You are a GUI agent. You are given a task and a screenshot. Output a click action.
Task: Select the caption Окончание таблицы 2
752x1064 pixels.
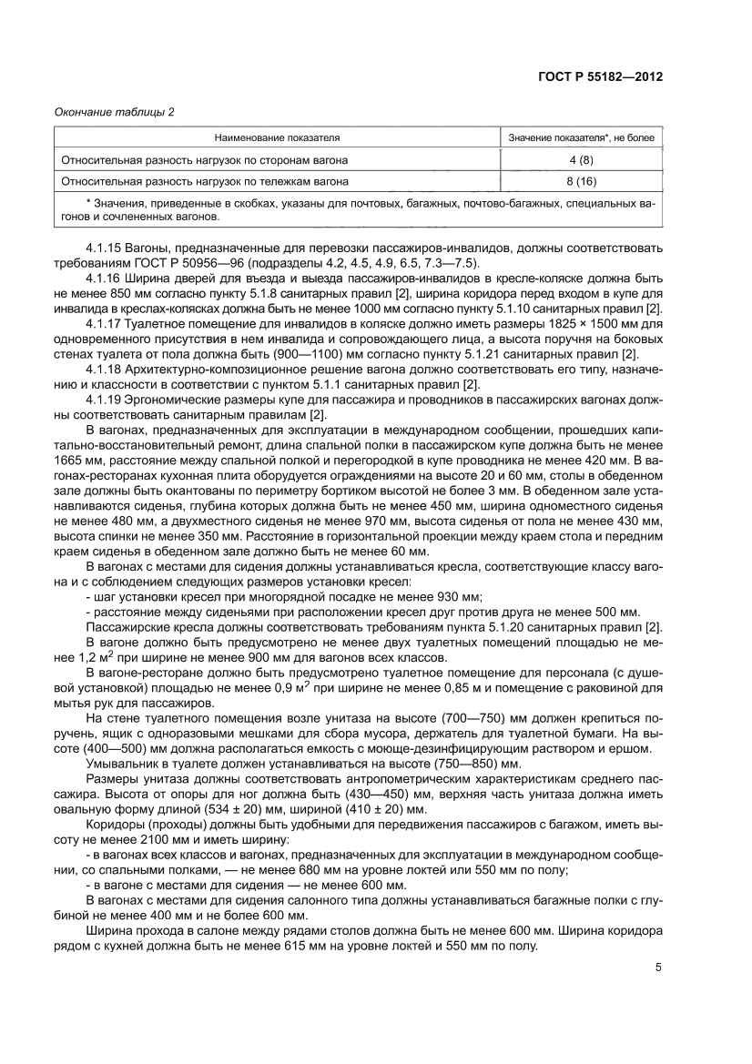point(114,112)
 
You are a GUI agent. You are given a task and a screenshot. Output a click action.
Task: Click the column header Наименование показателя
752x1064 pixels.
point(277,138)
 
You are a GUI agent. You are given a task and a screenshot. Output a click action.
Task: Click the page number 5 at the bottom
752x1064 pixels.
point(657,968)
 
